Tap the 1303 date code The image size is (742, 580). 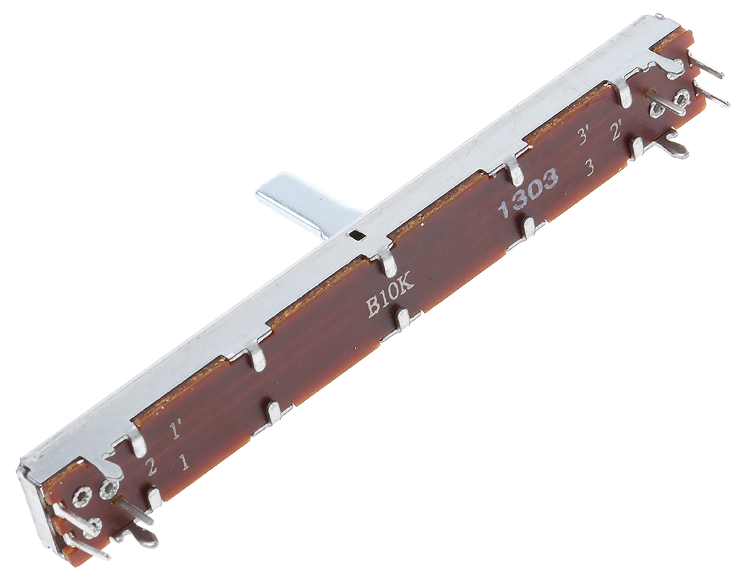pos(528,193)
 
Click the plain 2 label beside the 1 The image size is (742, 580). pos(151,467)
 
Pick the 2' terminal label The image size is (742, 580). pos(616,133)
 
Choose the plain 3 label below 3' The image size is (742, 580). pos(590,168)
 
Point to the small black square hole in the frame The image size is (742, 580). pos(357,235)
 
